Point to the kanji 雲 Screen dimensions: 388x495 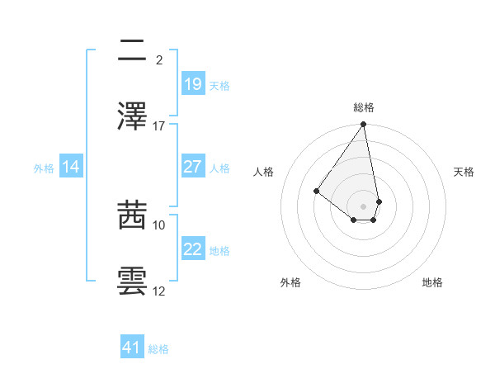click(x=132, y=281)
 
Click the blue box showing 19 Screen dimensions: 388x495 click(x=193, y=84)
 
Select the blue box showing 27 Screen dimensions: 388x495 click(x=193, y=167)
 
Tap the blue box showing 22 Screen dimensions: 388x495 click(x=193, y=250)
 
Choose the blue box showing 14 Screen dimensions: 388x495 click(x=71, y=167)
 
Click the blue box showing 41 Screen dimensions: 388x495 click(x=132, y=348)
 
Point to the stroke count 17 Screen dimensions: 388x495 click(x=159, y=126)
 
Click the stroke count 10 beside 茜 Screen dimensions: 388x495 click(x=159, y=225)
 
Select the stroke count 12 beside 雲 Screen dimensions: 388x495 click(x=159, y=291)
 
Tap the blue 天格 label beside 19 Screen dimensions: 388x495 click(x=219, y=85)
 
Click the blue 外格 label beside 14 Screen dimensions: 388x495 click(x=44, y=168)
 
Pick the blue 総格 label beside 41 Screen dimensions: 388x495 click(x=158, y=348)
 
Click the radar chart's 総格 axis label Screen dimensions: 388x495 click(x=364, y=107)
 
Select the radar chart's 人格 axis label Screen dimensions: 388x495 click(x=264, y=172)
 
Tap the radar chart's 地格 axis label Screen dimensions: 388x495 click(x=432, y=282)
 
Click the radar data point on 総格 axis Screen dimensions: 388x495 click(x=363, y=125)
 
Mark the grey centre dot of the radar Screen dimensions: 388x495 click(x=363, y=206)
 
